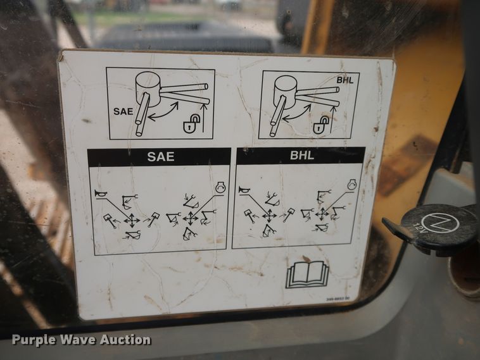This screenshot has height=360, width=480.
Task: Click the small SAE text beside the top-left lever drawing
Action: [123, 111]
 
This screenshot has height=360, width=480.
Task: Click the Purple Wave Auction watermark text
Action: [81, 340]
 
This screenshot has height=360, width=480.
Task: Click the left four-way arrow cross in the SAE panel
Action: [131, 220]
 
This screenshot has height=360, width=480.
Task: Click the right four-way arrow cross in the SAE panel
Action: [191, 218]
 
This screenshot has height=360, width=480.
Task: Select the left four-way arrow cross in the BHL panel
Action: [269, 215]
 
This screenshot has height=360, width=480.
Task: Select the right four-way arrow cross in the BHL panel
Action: [322, 213]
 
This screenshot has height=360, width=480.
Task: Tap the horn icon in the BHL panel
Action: [244, 190]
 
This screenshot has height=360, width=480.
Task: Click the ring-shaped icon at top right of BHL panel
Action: [352, 184]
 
